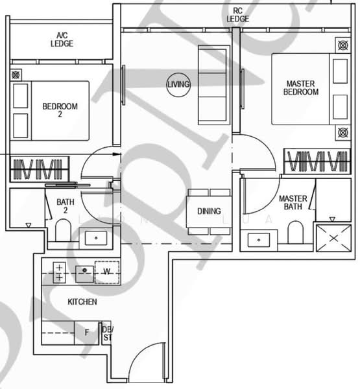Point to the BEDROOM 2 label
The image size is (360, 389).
pyautogui.click(x=60, y=111)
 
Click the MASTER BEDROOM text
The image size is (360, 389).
pyautogui.click(x=300, y=88)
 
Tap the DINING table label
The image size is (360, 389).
pyautogui.click(x=209, y=211)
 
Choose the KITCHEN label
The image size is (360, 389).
pyautogui.click(x=82, y=302)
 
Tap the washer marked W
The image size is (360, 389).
pyautogui.click(x=106, y=272)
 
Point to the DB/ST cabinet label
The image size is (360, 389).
pyautogui.click(x=107, y=333)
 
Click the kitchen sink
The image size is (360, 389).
pyautogui.click(x=83, y=272)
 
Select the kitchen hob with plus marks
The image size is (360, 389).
pyautogui.click(x=60, y=272)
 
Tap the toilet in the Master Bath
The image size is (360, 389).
pyautogui.click(x=295, y=233)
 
